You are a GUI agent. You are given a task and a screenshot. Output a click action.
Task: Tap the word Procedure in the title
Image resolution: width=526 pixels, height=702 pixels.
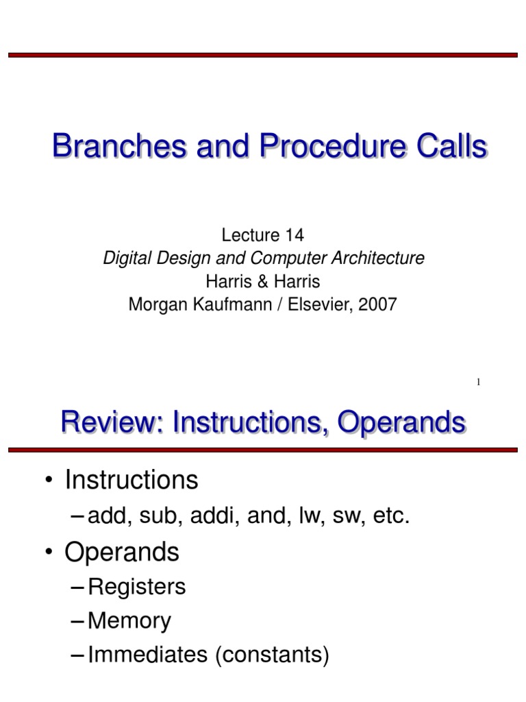pos(319,147)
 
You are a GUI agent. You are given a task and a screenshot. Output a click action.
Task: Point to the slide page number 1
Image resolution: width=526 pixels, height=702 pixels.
pos(479,383)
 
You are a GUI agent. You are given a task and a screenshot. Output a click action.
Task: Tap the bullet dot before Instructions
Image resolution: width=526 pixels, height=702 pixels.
pos(49,480)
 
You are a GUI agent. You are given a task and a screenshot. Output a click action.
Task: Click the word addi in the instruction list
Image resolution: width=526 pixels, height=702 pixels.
pos(204,516)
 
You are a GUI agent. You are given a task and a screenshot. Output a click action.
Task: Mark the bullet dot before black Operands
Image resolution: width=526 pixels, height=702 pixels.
pos(49,553)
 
